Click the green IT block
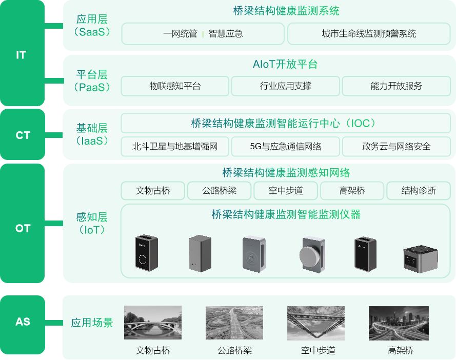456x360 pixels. pyautogui.click(x=22, y=54)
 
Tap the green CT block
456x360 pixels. pyautogui.click(x=22, y=135)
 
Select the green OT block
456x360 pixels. pyautogui.click(x=22, y=228)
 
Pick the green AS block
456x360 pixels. pyautogui.click(x=22, y=322)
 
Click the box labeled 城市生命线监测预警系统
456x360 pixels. pyautogui.click(x=369, y=34)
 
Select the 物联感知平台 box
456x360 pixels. pyautogui.click(x=175, y=86)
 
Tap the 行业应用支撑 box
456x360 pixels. pyautogui.click(x=285, y=86)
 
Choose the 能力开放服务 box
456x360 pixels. pyautogui.click(x=396, y=86)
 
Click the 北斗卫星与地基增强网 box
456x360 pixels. pyautogui.click(x=175, y=147)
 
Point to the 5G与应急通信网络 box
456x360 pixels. pyautogui.click(x=285, y=147)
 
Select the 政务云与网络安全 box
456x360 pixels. pyautogui.click(x=396, y=147)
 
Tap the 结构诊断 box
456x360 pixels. pyautogui.click(x=419, y=191)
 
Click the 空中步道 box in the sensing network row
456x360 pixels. pyautogui.click(x=286, y=191)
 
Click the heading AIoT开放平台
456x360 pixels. pyautogui.click(x=285, y=65)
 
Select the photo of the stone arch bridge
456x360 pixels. pyautogui.click(x=153, y=323)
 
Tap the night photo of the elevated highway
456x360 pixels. pyautogui.click(x=399, y=323)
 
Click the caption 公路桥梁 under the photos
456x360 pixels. pyautogui.click(x=234, y=351)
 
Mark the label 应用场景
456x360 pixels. pyautogui.click(x=92, y=323)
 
